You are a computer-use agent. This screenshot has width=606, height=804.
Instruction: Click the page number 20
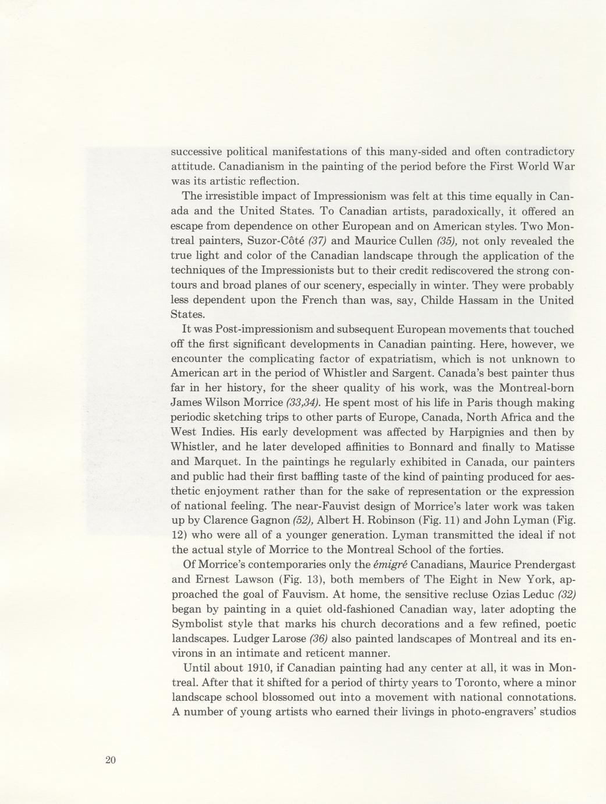pos(111,760)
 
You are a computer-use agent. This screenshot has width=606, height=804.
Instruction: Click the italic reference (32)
pos(566,595)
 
